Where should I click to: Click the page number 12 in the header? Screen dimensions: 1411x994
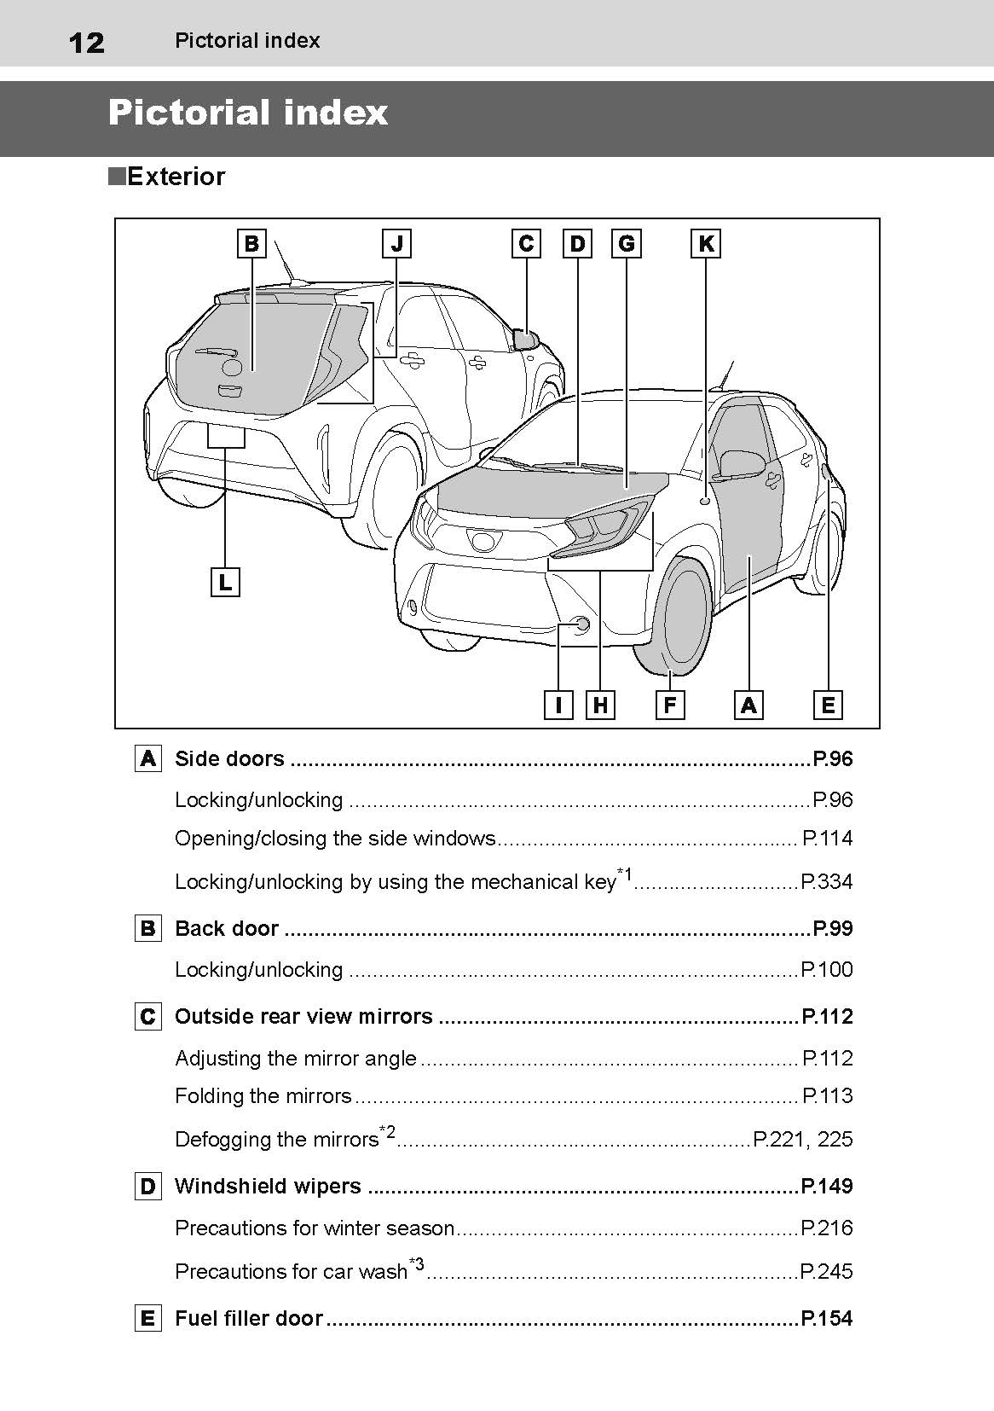(x=86, y=42)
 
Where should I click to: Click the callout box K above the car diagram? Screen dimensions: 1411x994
(x=706, y=244)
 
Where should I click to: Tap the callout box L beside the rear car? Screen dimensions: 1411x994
(x=225, y=583)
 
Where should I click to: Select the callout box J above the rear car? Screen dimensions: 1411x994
(x=396, y=244)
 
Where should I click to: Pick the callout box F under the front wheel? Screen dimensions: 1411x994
(x=670, y=705)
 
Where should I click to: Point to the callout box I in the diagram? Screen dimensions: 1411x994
(x=558, y=705)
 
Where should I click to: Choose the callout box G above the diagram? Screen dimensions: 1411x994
(x=627, y=244)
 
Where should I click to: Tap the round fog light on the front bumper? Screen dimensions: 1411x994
(x=582, y=624)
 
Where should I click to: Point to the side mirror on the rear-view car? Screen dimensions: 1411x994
(x=525, y=340)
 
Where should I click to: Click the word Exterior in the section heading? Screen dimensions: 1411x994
(x=176, y=177)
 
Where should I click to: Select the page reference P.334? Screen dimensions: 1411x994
(x=826, y=882)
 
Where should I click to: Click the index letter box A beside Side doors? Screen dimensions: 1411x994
(x=148, y=758)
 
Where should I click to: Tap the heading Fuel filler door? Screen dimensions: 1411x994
(x=249, y=1318)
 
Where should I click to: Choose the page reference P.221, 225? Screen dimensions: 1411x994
(x=802, y=1140)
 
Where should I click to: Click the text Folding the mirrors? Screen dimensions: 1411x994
(x=263, y=1096)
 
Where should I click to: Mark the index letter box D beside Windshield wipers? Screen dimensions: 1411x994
(x=148, y=1187)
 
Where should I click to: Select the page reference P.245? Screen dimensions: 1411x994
(x=826, y=1272)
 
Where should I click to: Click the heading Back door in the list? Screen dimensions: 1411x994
(x=227, y=928)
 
